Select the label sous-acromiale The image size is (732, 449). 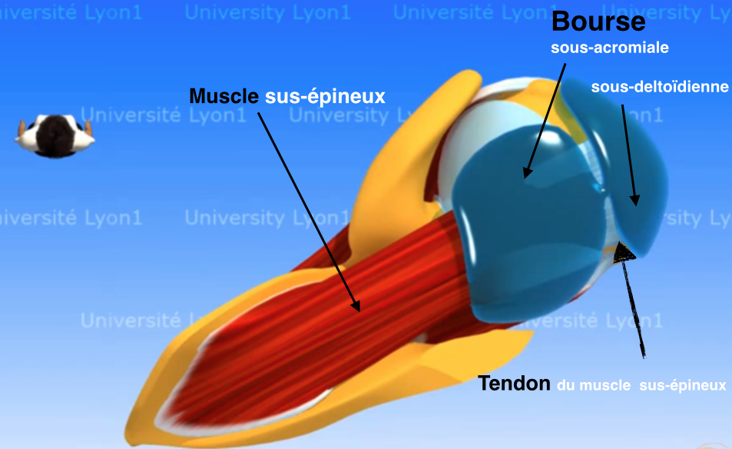(x=610, y=48)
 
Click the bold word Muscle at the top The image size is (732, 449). (x=224, y=96)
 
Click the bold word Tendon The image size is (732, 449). (x=515, y=383)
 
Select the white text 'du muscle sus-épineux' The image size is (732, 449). (x=642, y=384)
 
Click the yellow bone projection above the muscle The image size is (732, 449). (x=419, y=138)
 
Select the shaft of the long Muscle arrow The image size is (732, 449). (x=307, y=208)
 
